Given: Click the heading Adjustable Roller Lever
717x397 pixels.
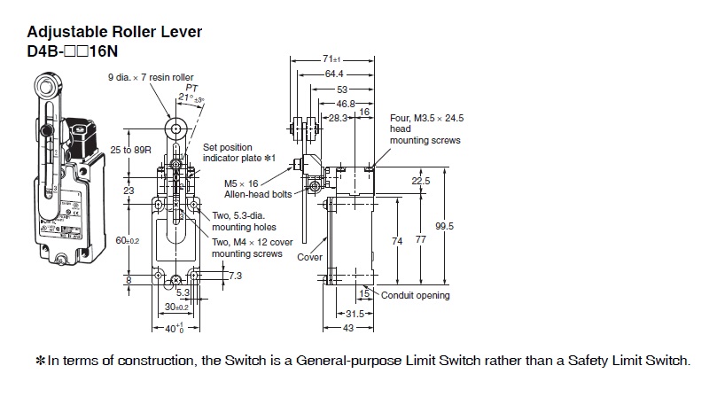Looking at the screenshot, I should point(114,33).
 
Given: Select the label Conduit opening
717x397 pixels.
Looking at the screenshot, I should point(415,295).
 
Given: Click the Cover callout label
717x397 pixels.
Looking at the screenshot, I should point(309,257).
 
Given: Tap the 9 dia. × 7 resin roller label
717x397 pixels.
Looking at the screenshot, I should point(152,77).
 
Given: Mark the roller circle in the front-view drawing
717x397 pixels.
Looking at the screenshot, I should point(176,129).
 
